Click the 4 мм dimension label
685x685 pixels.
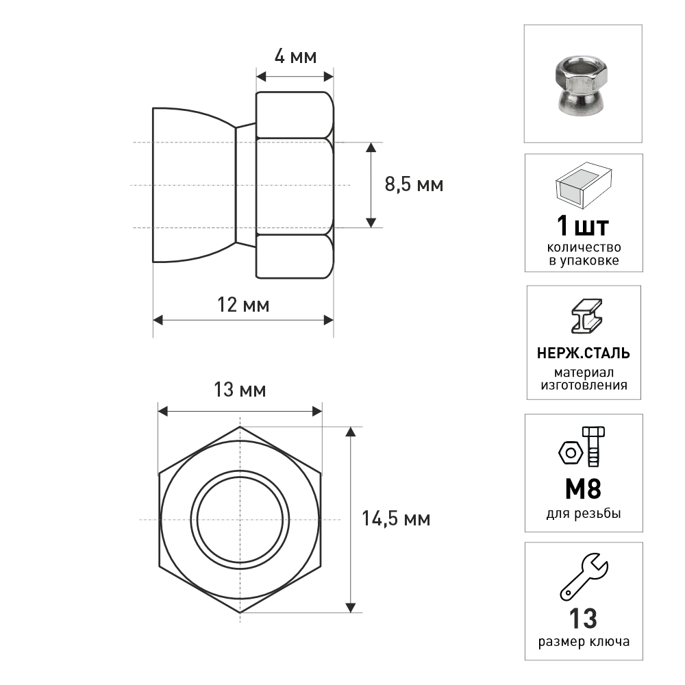[295, 56]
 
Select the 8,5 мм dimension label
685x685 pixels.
[414, 184]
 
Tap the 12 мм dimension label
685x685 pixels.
[243, 305]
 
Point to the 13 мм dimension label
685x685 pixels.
[240, 389]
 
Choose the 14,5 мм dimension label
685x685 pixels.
[396, 519]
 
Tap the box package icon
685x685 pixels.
[584, 185]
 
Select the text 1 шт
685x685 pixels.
[583, 226]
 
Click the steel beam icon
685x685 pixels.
[587, 316]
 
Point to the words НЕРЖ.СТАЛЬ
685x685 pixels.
[584, 353]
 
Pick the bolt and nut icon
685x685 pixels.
[582, 447]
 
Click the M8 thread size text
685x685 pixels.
[583, 489]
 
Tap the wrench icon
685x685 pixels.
[584, 577]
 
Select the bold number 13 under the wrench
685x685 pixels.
[583, 618]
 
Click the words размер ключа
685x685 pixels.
[584, 642]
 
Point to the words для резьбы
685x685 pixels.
[584, 513]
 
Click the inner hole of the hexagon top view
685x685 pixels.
[240, 519]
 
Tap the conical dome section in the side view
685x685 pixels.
[195, 185]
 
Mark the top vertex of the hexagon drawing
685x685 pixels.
[240, 427]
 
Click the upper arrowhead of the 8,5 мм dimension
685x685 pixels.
[371, 147]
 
